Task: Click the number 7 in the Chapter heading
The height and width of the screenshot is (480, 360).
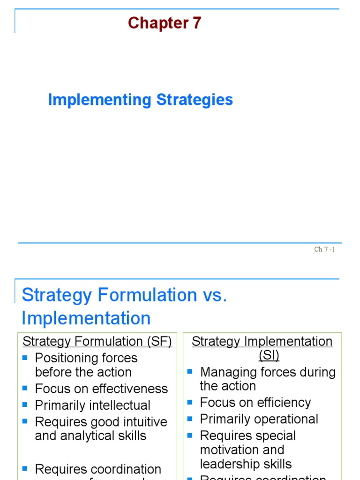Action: pos(196,23)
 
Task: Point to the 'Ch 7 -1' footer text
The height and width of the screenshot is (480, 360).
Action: pos(324,249)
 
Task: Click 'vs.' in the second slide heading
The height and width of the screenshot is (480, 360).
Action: pos(215,295)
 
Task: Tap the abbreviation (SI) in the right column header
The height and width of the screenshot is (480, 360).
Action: pos(269,356)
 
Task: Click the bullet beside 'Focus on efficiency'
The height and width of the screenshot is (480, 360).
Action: pos(190,402)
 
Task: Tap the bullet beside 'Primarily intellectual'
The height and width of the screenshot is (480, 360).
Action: pos(25,405)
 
